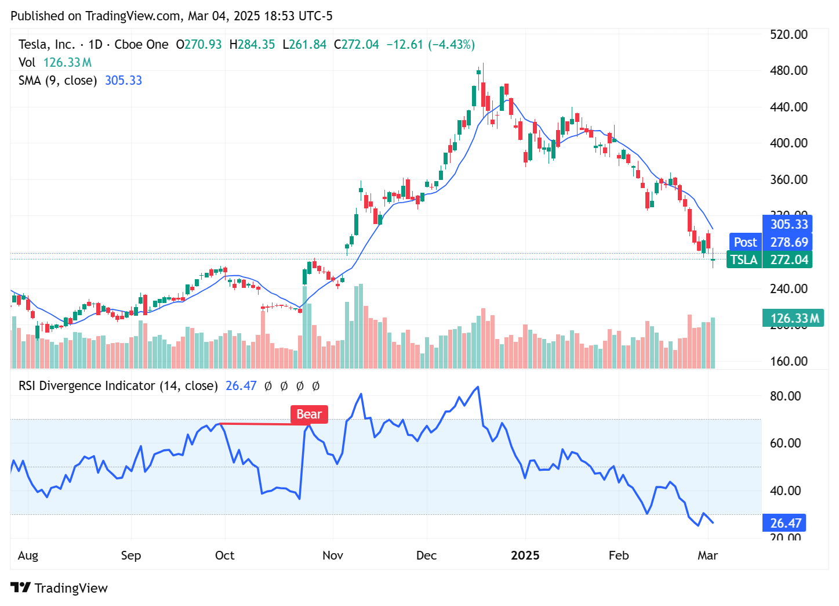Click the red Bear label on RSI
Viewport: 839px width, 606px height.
tap(309, 414)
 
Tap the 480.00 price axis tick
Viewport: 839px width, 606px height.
tap(789, 71)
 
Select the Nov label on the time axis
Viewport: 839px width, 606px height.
tap(333, 555)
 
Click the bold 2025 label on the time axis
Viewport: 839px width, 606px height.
tap(525, 555)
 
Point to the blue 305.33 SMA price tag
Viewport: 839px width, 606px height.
tap(789, 225)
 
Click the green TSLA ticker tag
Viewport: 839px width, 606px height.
tap(744, 259)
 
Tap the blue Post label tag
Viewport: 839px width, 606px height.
tap(745, 242)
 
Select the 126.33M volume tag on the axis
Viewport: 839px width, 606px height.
tap(793, 318)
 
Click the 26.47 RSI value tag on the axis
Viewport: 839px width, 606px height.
tap(785, 523)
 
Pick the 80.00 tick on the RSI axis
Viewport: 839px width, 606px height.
tap(785, 396)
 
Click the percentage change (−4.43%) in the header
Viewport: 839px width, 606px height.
tap(451, 45)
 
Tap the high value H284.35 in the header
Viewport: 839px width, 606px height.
tap(252, 45)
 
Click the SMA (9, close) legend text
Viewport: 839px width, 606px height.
tap(57, 81)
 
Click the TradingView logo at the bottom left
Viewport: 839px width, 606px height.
tap(59, 588)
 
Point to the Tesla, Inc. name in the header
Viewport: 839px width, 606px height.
tap(46, 45)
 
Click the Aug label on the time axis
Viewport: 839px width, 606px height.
tap(28, 555)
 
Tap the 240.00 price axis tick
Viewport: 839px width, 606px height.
tap(789, 289)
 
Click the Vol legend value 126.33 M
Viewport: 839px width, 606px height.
tap(67, 63)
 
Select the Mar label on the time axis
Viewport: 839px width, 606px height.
tap(707, 555)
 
